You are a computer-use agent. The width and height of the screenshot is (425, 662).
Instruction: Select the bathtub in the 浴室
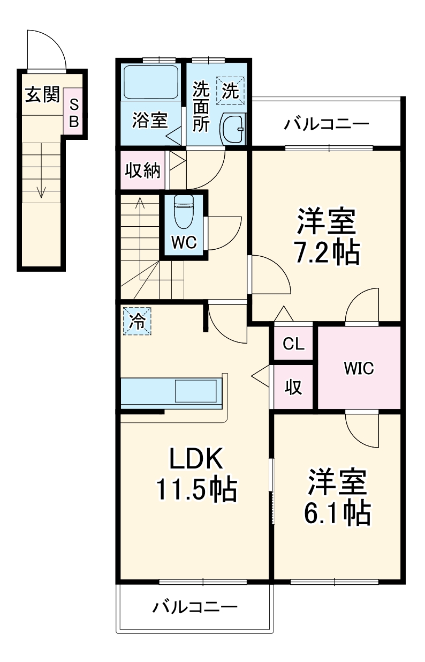point(150,83)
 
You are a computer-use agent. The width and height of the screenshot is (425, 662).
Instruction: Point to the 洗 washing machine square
point(230,91)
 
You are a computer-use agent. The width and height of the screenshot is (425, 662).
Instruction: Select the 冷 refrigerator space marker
point(138,321)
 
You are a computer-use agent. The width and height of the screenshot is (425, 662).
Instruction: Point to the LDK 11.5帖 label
point(196,473)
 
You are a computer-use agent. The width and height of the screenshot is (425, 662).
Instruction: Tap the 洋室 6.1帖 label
point(337,497)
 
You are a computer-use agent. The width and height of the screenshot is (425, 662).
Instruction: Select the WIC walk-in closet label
point(359,368)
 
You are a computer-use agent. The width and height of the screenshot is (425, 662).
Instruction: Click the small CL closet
point(293,344)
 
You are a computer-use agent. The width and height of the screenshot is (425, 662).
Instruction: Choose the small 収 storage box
point(293,386)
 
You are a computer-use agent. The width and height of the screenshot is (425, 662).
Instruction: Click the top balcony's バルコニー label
point(327,124)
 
